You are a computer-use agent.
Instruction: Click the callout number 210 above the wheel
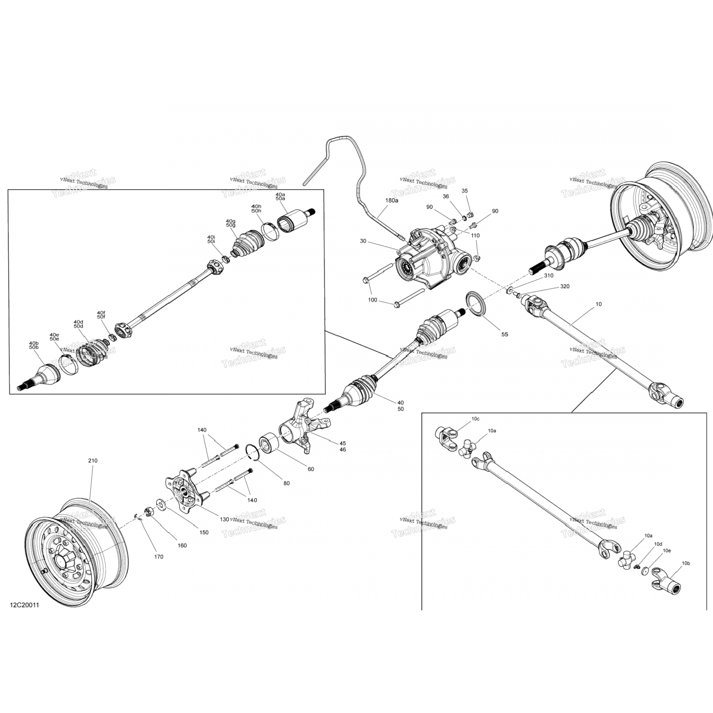pyautogui.click(x=92, y=461)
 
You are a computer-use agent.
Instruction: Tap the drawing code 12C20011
pyautogui.click(x=24, y=606)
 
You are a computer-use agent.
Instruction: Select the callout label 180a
pyautogui.click(x=392, y=201)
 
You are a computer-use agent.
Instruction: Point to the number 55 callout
pyautogui.click(x=504, y=335)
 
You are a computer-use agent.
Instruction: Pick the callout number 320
pyautogui.click(x=565, y=287)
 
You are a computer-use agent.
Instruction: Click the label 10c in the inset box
pyautogui.click(x=475, y=419)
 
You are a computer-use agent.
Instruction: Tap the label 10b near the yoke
pyautogui.click(x=685, y=563)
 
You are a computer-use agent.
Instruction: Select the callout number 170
pyautogui.click(x=159, y=557)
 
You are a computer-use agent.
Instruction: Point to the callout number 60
pyautogui.click(x=311, y=469)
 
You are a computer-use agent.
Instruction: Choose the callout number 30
pyautogui.click(x=363, y=241)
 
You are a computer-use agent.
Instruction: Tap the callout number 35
pyautogui.click(x=465, y=191)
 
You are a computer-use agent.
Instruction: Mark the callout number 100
pyautogui.click(x=373, y=300)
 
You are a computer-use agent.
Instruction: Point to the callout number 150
pyautogui.click(x=204, y=532)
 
